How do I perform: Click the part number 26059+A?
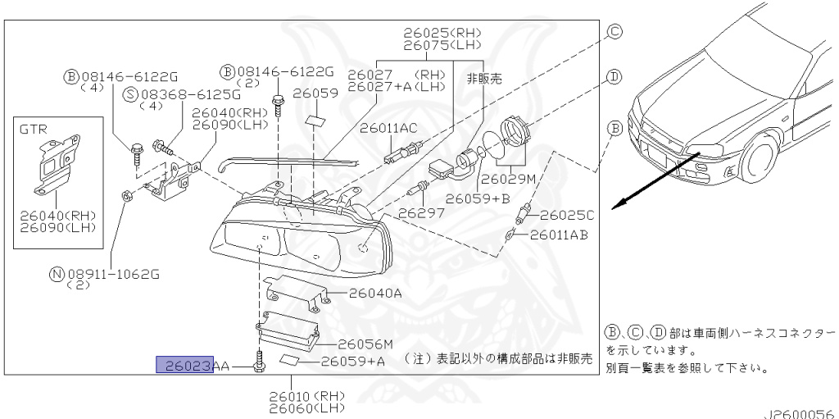pyautogui.click(x=352, y=362)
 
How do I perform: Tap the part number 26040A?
pyautogui.click(x=375, y=293)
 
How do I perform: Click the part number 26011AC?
pyautogui.click(x=388, y=128)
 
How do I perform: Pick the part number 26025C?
pyautogui.click(x=567, y=216)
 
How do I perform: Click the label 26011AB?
pyautogui.click(x=559, y=235)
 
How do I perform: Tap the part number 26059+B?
pyautogui.click(x=478, y=198)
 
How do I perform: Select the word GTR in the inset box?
pyautogui.click(x=33, y=129)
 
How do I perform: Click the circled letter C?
pyautogui.click(x=615, y=32)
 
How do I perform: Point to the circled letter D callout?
pyautogui.click(x=615, y=77)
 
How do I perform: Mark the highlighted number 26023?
pyautogui.click(x=185, y=365)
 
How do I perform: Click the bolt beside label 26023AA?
pyautogui.click(x=260, y=362)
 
